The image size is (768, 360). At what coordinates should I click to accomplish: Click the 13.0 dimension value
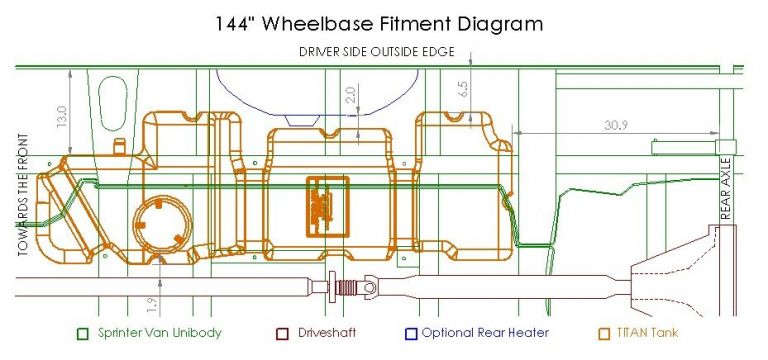tap(62, 116)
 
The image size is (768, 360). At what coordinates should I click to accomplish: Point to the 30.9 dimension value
tap(616, 125)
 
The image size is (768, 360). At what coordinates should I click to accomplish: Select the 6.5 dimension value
tap(464, 89)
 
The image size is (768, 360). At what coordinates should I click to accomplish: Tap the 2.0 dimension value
tap(351, 93)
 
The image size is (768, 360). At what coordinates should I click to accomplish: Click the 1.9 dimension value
tap(153, 304)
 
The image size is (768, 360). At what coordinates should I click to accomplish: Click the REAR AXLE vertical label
tap(726, 189)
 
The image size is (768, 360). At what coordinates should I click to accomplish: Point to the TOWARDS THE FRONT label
tap(23, 195)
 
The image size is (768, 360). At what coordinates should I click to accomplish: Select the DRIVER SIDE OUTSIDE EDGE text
tap(377, 52)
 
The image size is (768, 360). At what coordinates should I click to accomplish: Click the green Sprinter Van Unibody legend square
tap(83, 334)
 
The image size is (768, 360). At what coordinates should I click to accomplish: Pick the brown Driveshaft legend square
tap(282, 334)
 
